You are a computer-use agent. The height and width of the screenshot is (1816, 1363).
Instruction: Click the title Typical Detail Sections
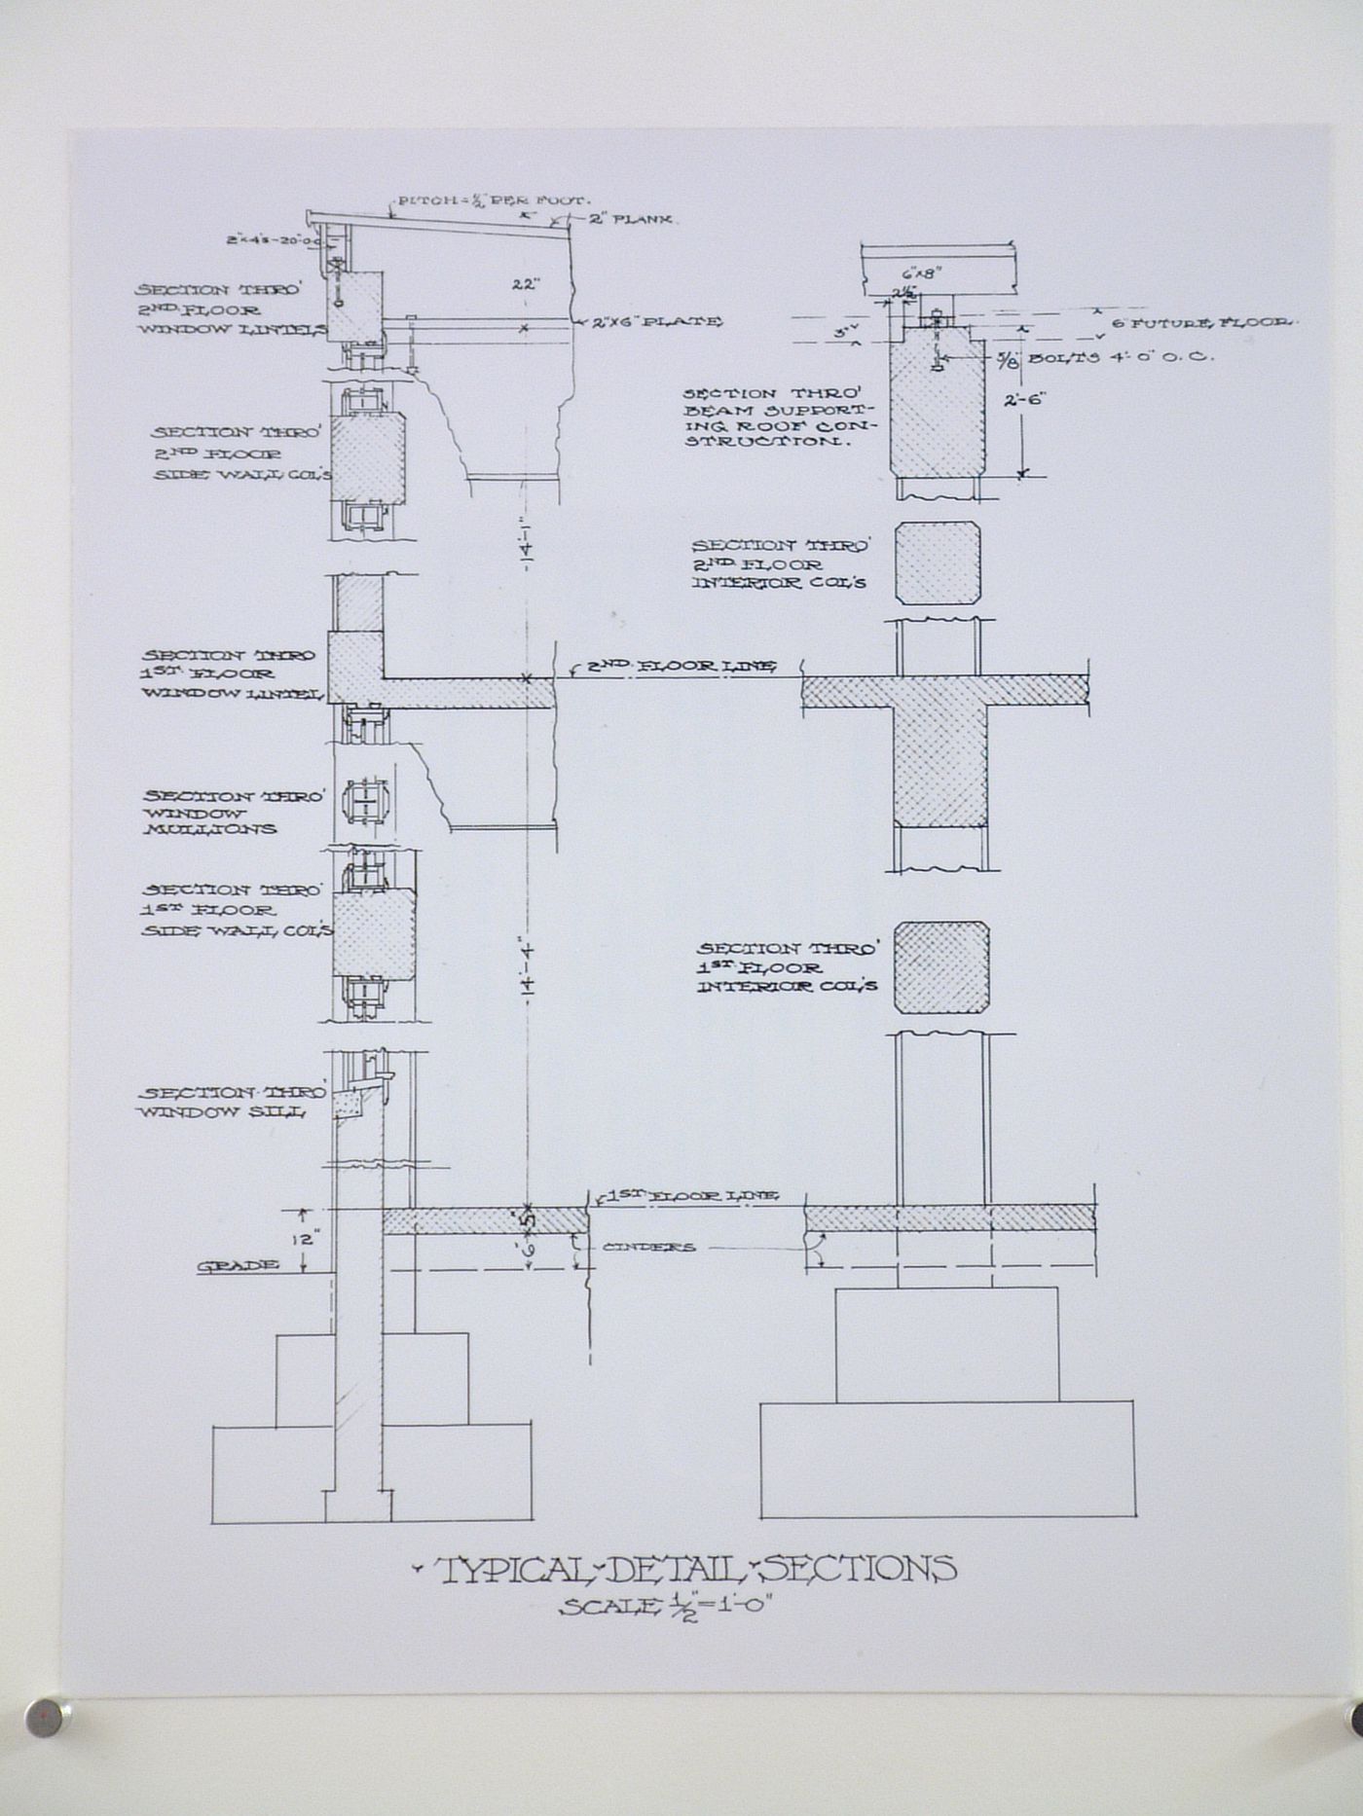point(694,1569)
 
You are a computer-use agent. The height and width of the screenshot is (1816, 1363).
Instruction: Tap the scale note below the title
point(665,1608)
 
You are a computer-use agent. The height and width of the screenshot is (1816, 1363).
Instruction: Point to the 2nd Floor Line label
point(681,667)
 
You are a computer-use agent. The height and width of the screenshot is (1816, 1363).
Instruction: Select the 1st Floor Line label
point(692,1195)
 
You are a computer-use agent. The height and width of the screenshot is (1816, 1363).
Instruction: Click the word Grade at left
point(238,1265)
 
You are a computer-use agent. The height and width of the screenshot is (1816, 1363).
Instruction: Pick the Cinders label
point(648,1247)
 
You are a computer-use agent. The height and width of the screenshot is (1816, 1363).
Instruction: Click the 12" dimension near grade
point(306,1240)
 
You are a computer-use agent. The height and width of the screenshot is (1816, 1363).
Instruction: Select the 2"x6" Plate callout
point(658,321)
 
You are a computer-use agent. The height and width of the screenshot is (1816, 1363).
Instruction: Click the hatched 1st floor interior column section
point(941,968)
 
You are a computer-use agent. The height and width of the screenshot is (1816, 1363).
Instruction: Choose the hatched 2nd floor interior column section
point(938,563)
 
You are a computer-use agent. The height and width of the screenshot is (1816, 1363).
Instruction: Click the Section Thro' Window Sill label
point(230,1102)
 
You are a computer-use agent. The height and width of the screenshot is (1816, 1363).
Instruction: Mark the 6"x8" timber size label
point(915,273)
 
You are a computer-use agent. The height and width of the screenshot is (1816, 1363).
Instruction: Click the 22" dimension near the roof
point(525,285)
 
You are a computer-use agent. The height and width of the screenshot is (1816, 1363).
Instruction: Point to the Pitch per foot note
point(492,200)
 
